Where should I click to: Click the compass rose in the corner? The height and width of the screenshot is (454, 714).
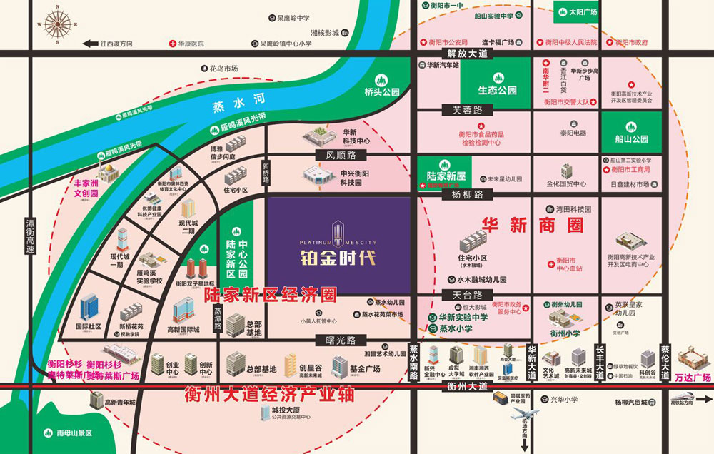point(56,23)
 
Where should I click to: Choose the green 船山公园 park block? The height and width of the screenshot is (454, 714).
point(625,133)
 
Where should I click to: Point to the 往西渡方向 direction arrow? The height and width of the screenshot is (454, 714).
point(90,44)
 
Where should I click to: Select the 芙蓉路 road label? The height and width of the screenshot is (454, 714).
point(467,110)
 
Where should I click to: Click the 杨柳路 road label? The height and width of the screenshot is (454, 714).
point(467,194)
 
